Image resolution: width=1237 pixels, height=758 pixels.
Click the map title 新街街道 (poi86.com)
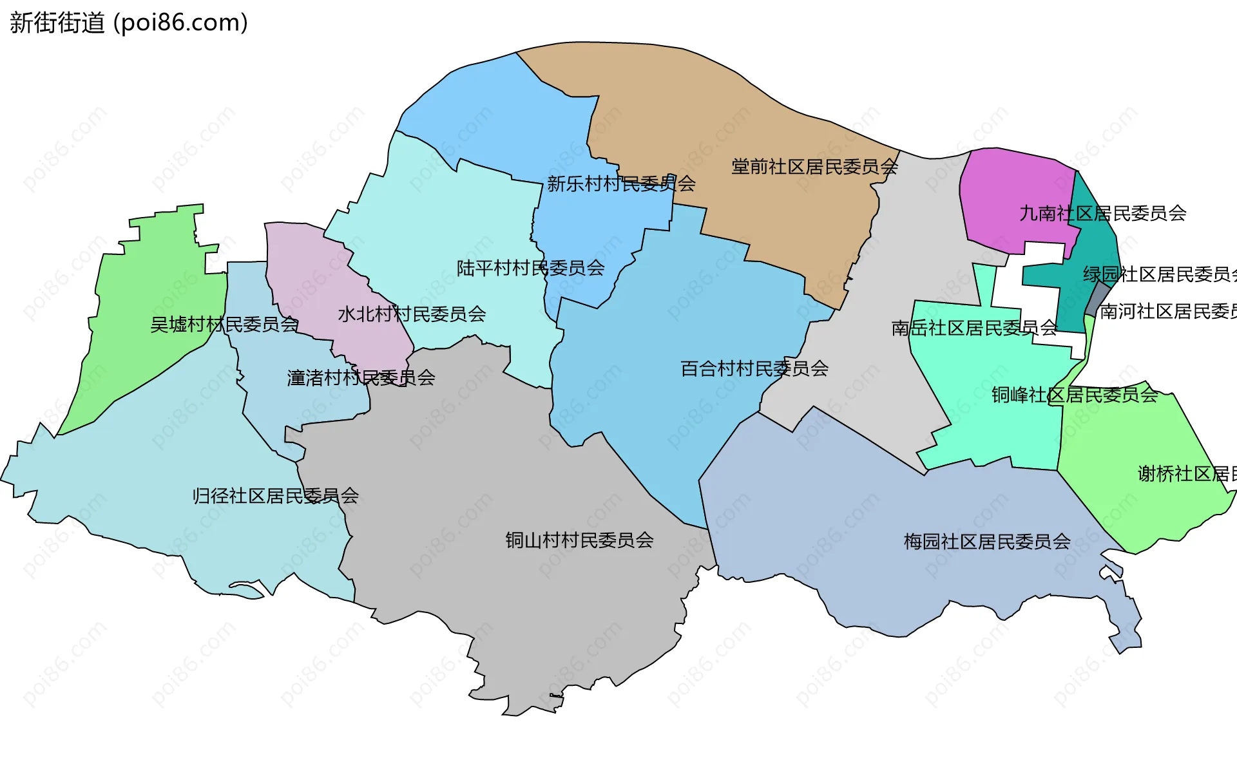(129, 23)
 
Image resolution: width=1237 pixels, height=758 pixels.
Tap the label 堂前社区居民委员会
(814, 167)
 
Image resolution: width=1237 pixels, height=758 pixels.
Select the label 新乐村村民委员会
(621, 184)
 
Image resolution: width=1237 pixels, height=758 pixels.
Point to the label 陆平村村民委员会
(530, 268)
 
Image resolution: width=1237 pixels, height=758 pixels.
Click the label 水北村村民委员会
(412, 314)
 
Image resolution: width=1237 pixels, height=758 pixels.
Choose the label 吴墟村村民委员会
(224, 325)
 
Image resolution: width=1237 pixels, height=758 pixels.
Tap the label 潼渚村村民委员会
(361, 377)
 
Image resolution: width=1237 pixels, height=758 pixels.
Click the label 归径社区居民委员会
(275, 496)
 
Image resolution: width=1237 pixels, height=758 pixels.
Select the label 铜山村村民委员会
(579, 540)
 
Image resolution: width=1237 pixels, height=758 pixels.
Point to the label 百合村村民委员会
(754, 368)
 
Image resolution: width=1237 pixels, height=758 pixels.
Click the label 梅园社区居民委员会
(987, 541)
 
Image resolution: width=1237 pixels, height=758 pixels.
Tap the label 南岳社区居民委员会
(974, 328)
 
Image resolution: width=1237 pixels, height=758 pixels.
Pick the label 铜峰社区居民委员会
(1074, 395)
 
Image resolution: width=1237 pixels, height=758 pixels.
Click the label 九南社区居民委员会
(1102, 213)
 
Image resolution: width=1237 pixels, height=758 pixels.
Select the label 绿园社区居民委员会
(1159, 274)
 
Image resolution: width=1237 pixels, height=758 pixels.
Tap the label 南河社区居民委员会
(1167, 312)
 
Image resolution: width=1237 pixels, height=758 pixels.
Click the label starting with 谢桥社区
(1186, 474)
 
